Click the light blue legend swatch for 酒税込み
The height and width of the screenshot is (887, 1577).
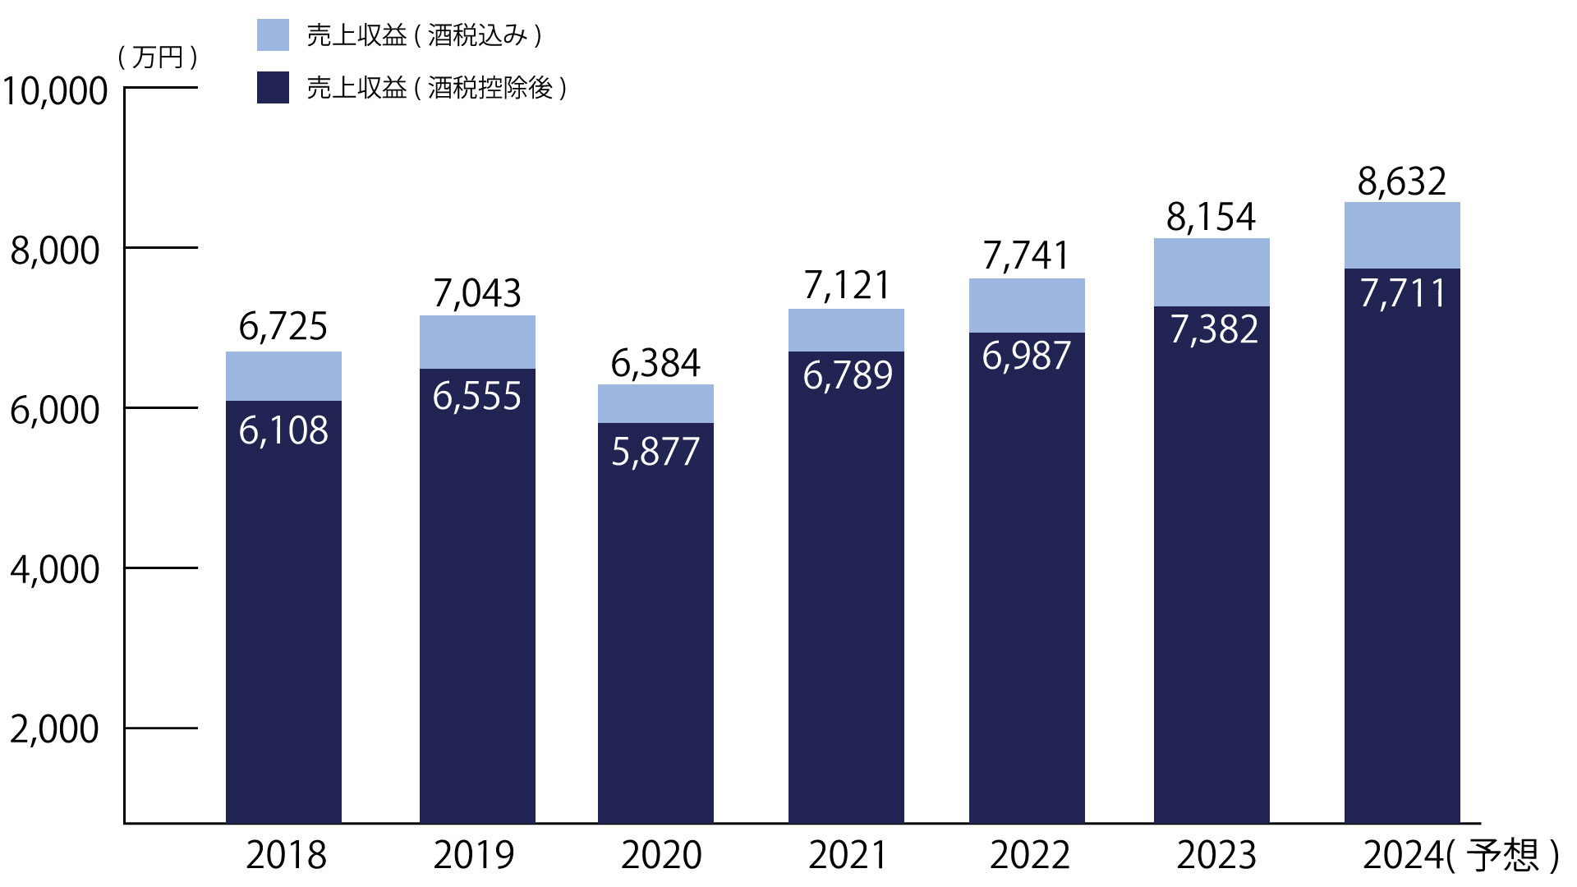click(273, 35)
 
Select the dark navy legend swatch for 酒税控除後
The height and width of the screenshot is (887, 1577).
click(273, 88)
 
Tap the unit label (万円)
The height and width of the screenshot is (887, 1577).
click(158, 57)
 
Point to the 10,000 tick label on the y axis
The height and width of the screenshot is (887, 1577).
click(55, 90)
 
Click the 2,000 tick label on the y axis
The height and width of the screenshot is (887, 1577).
click(55, 729)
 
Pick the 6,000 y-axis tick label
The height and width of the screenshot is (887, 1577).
click(55, 409)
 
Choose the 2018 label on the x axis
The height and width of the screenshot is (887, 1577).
click(286, 855)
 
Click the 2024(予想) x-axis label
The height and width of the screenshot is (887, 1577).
click(1460, 855)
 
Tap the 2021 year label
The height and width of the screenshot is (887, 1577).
click(848, 855)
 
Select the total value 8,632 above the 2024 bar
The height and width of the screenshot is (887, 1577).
click(1401, 182)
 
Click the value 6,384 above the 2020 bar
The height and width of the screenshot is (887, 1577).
click(655, 364)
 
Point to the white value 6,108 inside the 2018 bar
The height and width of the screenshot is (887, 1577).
click(283, 430)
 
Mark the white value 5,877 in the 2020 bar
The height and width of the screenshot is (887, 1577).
click(655, 452)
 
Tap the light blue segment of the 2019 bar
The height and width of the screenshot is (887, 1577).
click(477, 342)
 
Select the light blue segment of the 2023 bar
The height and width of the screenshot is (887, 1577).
click(1211, 273)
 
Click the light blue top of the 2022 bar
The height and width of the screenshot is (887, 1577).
click(1027, 306)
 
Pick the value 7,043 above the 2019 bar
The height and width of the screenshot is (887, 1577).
click(477, 294)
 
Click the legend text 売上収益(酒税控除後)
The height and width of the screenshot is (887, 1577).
click(436, 88)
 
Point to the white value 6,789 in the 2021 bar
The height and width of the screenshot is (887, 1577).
click(848, 375)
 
